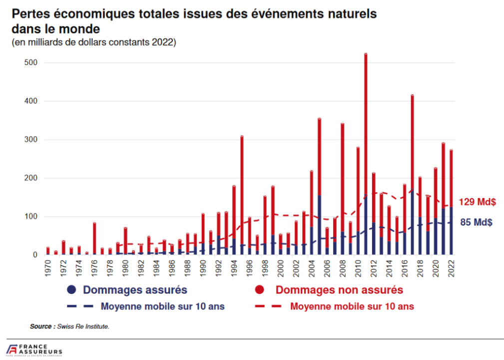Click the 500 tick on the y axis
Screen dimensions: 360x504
[x=33, y=62]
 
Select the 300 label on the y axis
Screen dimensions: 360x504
[x=33, y=139]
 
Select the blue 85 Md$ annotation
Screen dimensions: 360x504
[x=476, y=222]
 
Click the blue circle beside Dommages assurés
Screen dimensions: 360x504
[x=72, y=290]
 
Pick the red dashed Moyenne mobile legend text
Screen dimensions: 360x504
[x=352, y=306]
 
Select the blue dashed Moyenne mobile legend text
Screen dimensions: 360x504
[x=162, y=306]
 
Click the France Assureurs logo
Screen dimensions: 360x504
[x=34, y=349]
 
